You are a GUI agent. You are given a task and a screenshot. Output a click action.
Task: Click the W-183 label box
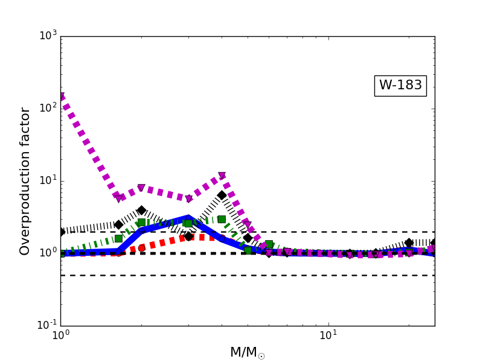point(400,85)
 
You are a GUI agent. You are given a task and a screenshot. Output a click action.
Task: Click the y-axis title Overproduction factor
point(25,181)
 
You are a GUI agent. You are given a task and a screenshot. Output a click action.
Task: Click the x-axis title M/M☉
point(247,352)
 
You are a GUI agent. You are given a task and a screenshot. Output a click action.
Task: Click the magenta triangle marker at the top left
point(61,97)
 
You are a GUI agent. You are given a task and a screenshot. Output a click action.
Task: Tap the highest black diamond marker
point(222,195)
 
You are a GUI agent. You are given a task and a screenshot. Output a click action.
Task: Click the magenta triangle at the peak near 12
point(222,176)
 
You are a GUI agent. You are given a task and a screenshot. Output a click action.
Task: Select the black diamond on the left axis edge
point(61,232)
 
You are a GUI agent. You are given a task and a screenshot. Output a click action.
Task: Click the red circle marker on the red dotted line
point(141,248)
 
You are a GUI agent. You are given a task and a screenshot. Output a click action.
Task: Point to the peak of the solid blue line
point(188,218)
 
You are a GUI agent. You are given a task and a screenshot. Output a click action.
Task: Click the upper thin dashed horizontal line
point(338,232)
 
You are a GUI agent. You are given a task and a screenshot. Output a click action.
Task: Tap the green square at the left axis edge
point(61,253)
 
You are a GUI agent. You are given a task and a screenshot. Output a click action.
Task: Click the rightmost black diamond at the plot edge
point(433,243)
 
